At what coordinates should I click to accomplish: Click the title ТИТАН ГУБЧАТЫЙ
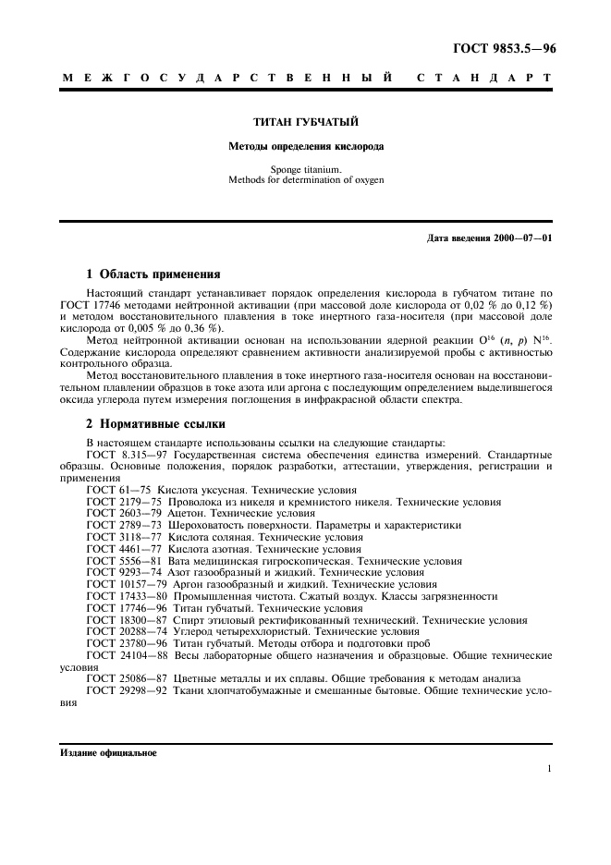point(306,122)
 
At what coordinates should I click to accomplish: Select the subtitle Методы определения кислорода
point(306,146)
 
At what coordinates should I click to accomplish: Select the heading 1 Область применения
point(153,274)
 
